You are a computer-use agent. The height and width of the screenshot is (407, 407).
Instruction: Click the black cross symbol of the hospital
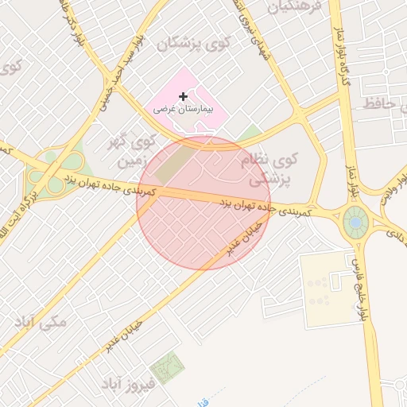point(183,96)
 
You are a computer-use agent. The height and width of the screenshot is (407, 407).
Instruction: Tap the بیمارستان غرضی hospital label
point(188,109)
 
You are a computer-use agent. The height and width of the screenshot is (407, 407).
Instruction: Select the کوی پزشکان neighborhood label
point(194,43)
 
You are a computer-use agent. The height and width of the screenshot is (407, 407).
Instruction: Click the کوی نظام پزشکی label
point(269,170)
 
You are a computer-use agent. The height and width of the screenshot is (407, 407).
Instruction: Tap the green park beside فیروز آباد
point(168,367)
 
